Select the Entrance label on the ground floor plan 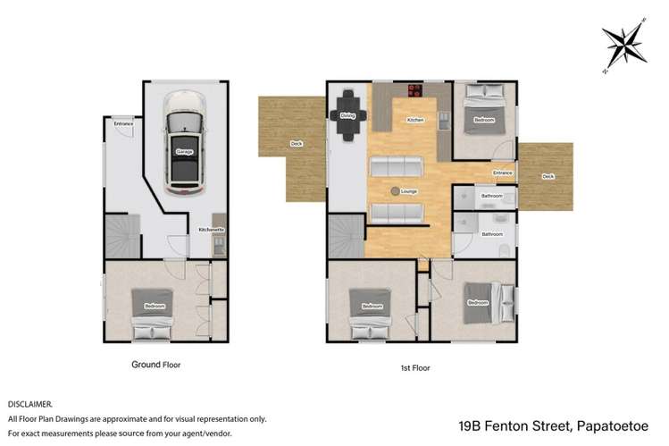[123, 122]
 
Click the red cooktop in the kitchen [415, 89]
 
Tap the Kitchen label [414, 120]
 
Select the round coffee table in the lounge [395, 190]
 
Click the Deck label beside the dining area [295, 144]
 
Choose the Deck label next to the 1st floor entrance [548, 177]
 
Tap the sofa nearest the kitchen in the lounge [397, 166]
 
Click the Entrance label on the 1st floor [503, 173]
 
